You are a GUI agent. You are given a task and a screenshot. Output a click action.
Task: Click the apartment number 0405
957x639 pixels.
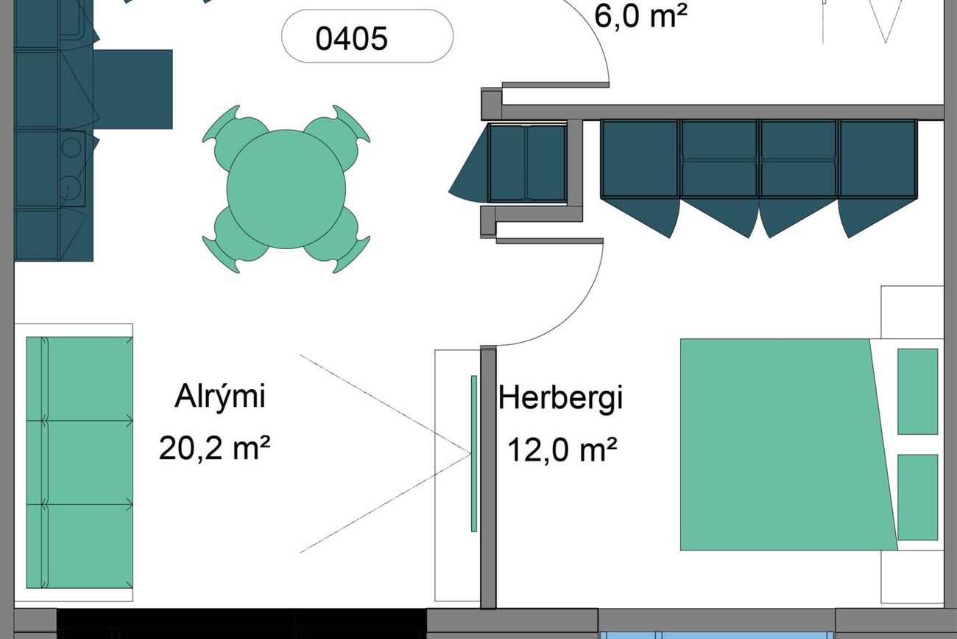click(x=351, y=38)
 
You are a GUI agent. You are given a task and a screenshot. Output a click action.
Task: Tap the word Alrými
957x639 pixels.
click(x=220, y=397)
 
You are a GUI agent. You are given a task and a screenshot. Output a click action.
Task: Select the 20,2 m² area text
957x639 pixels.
click(x=214, y=448)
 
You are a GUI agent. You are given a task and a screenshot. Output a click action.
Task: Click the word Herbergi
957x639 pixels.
click(x=560, y=399)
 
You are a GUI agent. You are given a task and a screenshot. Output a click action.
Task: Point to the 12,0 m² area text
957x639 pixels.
click(x=562, y=450)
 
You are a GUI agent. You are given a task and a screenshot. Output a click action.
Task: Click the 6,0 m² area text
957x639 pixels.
click(x=641, y=16)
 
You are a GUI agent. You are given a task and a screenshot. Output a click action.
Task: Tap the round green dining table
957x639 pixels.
click(x=286, y=189)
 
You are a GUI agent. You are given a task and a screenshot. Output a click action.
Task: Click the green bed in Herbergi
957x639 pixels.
click(x=788, y=444)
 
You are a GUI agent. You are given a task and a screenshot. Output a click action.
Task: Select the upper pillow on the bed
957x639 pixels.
click(x=918, y=391)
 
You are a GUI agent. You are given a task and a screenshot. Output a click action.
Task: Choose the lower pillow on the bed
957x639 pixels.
click(x=918, y=497)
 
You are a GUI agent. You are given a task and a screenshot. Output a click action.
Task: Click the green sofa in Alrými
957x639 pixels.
click(x=80, y=462)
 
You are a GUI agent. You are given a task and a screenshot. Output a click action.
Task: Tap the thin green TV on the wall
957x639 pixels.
click(x=474, y=454)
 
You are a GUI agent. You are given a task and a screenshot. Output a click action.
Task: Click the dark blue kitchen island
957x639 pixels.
click(x=133, y=89)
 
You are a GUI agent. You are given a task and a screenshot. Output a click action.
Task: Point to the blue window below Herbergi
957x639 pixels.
click(x=716, y=635)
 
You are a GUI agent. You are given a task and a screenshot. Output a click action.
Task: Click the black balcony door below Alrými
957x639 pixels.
click(x=241, y=624)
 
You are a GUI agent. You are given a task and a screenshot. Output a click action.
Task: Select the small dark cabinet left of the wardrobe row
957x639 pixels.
click(x=528, y=163)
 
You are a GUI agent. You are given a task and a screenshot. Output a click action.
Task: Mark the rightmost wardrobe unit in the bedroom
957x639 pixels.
click(x=877, y=159)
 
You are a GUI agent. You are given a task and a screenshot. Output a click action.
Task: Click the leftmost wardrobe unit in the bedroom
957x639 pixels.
click(x=640, y=159)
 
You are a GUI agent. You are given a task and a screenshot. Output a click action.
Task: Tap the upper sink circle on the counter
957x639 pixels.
click(x=71, y=147)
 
